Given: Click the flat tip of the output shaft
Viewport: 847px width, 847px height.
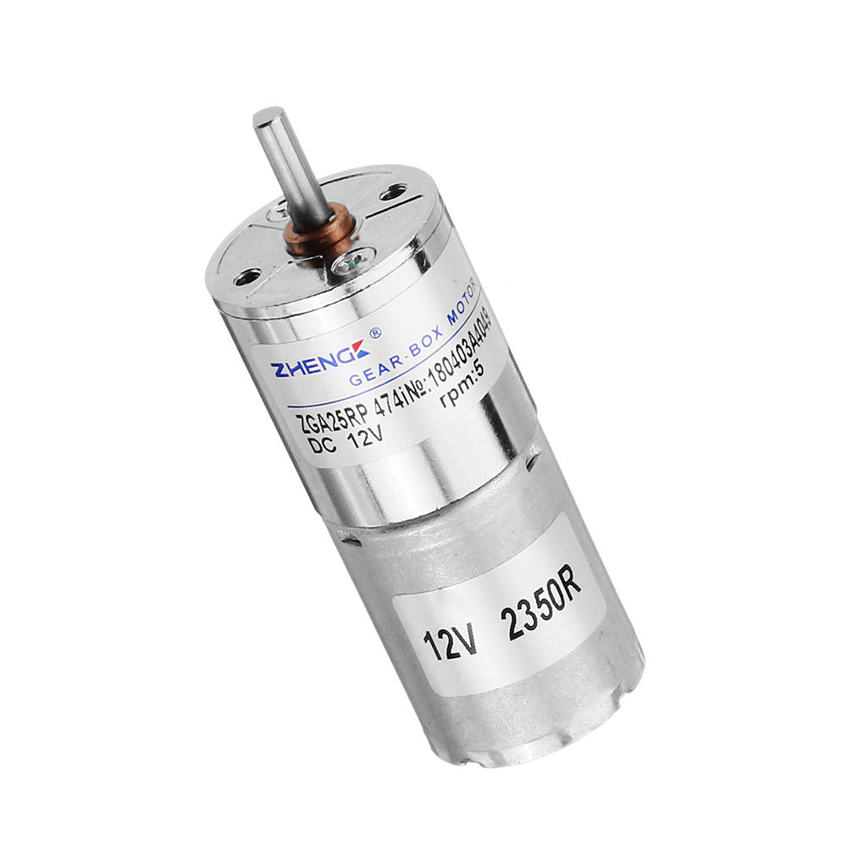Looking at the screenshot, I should [x=268, y=115].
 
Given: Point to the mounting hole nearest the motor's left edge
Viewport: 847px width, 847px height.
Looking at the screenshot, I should [x=247, y=276].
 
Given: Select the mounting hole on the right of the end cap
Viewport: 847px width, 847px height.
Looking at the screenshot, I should [x=393, y=193].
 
